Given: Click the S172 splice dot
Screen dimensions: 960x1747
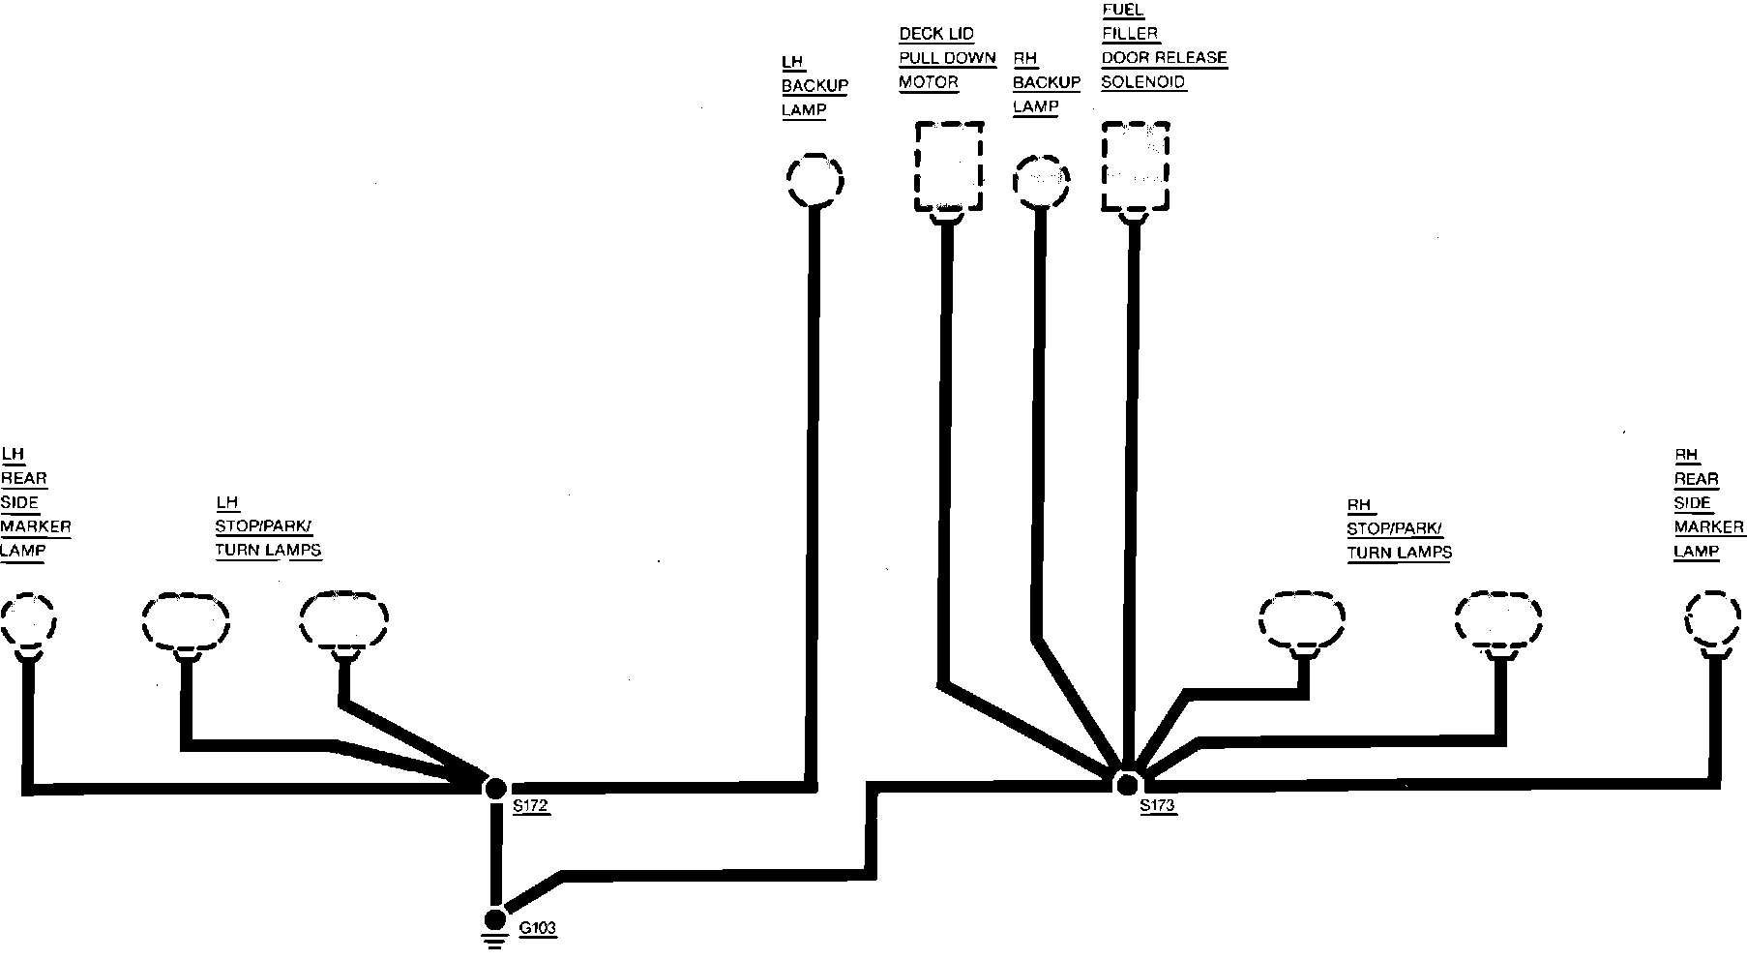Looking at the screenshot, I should [495, 787].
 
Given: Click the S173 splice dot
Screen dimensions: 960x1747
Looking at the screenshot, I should [1126, 783].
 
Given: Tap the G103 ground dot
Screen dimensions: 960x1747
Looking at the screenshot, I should [495, 917].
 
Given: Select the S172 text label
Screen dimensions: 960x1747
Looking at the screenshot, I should [531, 806].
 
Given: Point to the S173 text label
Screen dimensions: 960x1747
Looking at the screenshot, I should [1157, 805].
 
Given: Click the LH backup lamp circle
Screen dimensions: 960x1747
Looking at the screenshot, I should [814, 179].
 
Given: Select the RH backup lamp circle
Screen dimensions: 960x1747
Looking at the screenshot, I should [1041, 181].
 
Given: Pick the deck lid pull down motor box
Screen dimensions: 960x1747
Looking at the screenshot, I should [949, 165].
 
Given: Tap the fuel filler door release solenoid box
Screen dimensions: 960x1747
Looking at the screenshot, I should [1136, 165].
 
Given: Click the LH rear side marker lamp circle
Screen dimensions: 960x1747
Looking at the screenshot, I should [27, 619].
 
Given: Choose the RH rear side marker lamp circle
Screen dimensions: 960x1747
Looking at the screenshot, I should [1714, 618].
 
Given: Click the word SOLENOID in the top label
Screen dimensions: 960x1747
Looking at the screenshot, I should [1142, 82].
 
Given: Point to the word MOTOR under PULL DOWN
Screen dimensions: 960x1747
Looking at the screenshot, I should [928, 82].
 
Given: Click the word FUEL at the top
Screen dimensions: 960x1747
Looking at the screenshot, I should [1122, 10].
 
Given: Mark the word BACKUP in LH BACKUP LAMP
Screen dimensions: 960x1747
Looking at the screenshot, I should [814, 85].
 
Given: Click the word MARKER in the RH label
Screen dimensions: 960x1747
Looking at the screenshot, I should [1709, 527].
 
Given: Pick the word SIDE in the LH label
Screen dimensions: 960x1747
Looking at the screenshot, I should [19, 502].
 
